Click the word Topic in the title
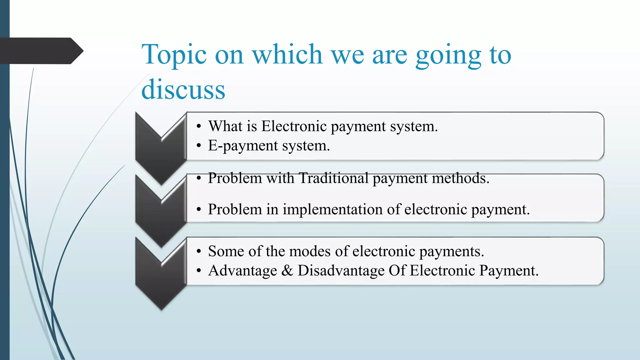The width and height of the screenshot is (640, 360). pyautogui.click(x=174, y=55)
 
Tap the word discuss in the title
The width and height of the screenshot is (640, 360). pyautogui.click(x=183, y=90)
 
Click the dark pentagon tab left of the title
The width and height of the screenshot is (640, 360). pyautogui.click(x=41, y=51)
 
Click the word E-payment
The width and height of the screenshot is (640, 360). pyautogui.click(x=243, y=146)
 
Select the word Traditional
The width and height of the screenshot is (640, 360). pyautogui.click(x=333, y=178)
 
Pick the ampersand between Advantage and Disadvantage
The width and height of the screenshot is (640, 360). pyautogui.click(x=287, y=271)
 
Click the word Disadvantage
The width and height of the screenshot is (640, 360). pyautogui.click(x=341, y=271)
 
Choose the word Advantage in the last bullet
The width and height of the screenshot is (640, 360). pyautogui.click(x=242, y=271)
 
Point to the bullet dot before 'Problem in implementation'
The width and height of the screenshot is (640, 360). pyautogui.click(x=198, y=210)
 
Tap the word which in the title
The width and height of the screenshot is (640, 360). pyautogui.click(x=287, y=55)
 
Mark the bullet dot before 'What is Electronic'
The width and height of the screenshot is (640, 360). pyautogui.click(x=198, y=127)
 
